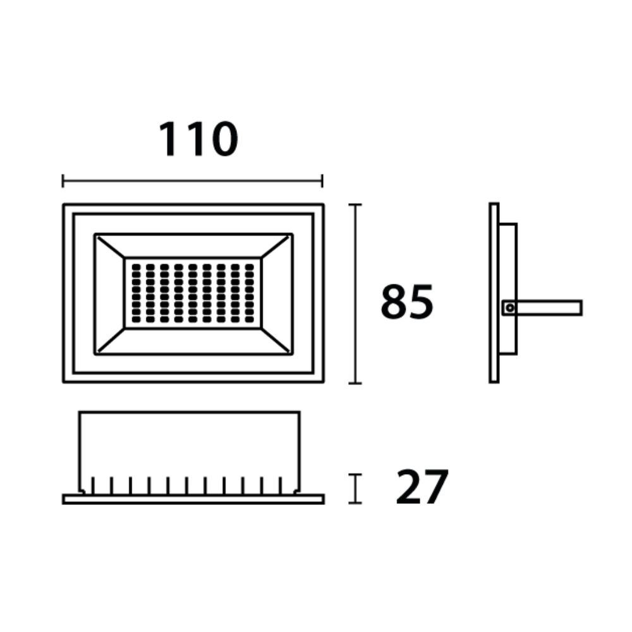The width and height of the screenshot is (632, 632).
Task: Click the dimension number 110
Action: [198, 140]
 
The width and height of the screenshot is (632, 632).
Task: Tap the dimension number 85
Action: [407, 302]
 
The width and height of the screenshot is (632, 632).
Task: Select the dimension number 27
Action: [422, 487]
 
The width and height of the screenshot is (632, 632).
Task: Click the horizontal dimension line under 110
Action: [192, 181]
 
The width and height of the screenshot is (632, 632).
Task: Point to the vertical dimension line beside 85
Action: [355, 294]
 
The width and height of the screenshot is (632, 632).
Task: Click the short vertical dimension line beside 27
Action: [355, 489]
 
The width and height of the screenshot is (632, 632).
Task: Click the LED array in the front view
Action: [193, 293]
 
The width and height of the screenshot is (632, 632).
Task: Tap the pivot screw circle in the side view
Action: [509, 308]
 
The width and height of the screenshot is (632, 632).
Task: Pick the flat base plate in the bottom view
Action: [193, 499]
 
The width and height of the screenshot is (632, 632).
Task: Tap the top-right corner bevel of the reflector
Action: [276, 247]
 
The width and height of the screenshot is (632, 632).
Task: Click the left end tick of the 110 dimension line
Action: [63, 181]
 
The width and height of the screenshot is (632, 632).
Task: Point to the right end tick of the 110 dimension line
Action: [322, 181]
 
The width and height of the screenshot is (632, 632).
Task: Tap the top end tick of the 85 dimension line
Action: [355, 205]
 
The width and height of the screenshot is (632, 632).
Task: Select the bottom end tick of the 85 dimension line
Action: [355, 383]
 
